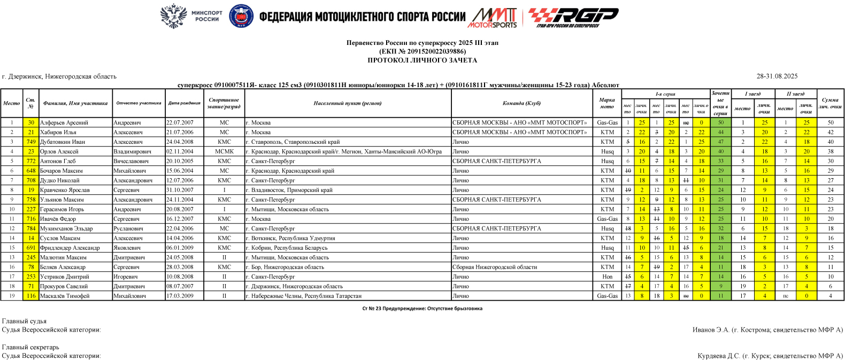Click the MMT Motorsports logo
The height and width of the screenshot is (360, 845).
click(493, 17)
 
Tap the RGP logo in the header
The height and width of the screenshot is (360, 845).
click(573, 17)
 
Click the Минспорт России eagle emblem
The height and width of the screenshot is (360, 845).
click(173, 16)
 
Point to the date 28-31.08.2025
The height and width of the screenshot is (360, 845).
click(777, 76)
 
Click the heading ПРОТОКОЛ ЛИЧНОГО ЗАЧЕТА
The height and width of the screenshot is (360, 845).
click(422, 60)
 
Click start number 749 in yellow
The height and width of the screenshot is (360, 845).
click(31, 142)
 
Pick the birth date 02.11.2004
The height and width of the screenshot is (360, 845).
click(180, 151)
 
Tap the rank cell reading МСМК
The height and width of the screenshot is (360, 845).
click(224, 151)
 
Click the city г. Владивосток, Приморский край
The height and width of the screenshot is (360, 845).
click(289, 190)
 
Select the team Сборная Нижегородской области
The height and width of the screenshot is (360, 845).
click(494, 267)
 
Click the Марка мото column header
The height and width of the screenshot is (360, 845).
click(607, 103)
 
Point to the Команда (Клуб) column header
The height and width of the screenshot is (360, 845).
click(521, 103)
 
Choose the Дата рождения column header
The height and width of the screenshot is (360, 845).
click(184, 103)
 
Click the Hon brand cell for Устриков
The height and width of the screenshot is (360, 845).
click(607, 277)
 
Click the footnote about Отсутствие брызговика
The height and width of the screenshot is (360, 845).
click(422, 309)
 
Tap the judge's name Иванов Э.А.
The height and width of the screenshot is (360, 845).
click(711, 330)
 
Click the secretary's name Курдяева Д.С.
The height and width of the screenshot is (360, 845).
click(719, 356)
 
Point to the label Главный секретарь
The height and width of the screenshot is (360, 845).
click(30, 347)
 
